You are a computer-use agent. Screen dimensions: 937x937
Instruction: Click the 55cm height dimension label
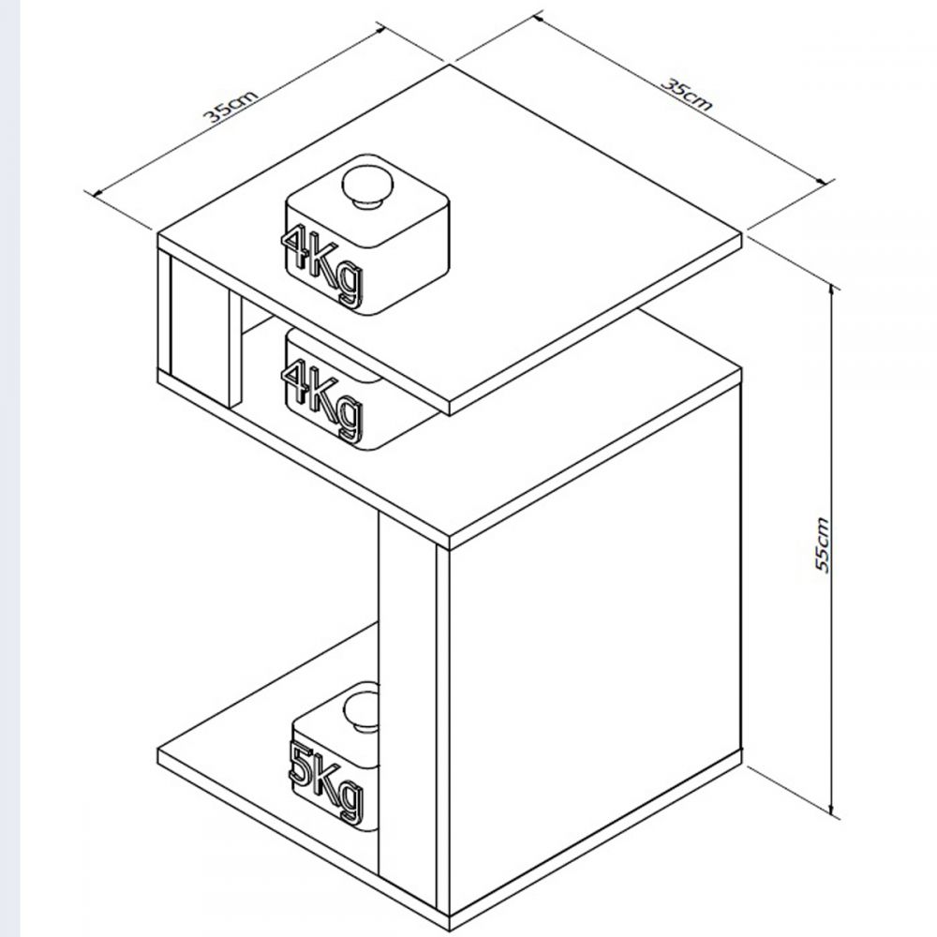point(823,545)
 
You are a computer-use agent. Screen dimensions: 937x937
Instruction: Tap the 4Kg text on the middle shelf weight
point(322,400)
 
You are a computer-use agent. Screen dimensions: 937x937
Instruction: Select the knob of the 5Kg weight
point(362,711)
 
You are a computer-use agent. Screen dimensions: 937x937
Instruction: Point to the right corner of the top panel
point(741,233)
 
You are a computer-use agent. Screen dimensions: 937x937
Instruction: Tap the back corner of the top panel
point(450,65)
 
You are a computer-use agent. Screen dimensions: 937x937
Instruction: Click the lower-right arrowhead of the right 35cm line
point(826,182)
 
